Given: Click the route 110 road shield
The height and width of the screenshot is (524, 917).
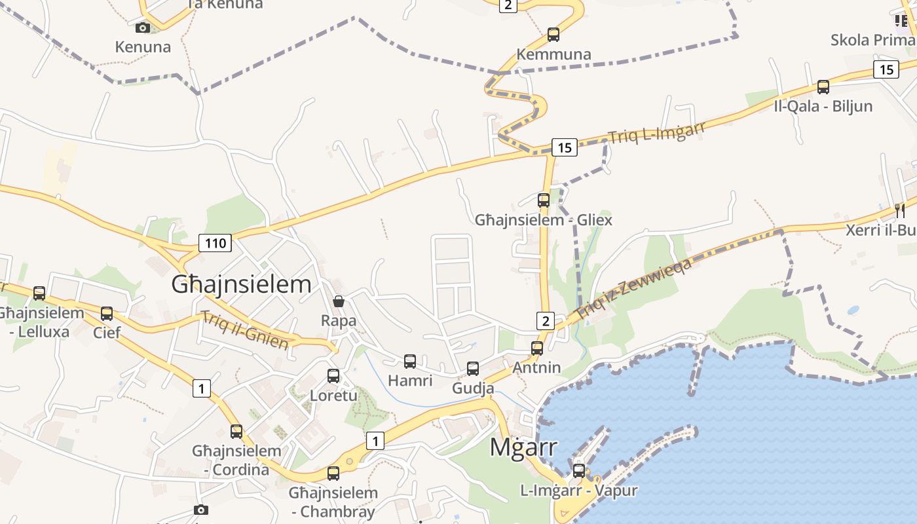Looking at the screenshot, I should [x=215, y=244].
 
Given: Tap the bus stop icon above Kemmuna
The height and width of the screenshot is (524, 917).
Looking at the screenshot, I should [x=553, y=34].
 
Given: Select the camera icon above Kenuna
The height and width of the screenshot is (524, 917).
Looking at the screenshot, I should [x=143, y=28].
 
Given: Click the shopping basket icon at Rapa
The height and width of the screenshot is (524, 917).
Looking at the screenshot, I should [x=339, y=301].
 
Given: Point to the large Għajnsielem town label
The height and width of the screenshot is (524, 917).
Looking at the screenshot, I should [x=241, y=284].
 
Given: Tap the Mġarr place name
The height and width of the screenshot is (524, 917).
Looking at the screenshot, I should [x=524, y=447].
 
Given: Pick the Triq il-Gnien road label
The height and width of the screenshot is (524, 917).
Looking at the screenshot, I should [x=245, y=329].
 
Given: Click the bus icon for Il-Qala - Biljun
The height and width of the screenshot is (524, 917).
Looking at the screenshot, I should [x=823, y=86].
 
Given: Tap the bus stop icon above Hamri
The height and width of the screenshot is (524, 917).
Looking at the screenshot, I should [x=410, y=361].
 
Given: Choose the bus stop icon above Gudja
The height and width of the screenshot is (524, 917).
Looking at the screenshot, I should [x=473, y=369].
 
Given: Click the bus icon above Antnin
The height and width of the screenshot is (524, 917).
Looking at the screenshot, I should [x=537, y=348].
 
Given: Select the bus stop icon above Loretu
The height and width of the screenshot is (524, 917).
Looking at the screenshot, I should [x=333, y=376].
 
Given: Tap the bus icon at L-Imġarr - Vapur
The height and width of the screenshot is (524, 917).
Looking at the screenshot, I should [x=578, y=470].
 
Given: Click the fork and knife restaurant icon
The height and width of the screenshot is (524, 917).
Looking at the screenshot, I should [x=900, y=210].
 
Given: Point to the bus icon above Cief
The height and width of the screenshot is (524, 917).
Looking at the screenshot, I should [x=107, y=313].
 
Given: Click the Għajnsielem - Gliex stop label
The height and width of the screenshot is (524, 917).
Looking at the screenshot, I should [x=544, y=220].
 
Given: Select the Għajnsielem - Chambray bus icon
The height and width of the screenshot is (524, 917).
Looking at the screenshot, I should [x=333, y=473].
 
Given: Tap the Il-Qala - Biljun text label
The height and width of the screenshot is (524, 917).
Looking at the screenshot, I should [x=823, y=106].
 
